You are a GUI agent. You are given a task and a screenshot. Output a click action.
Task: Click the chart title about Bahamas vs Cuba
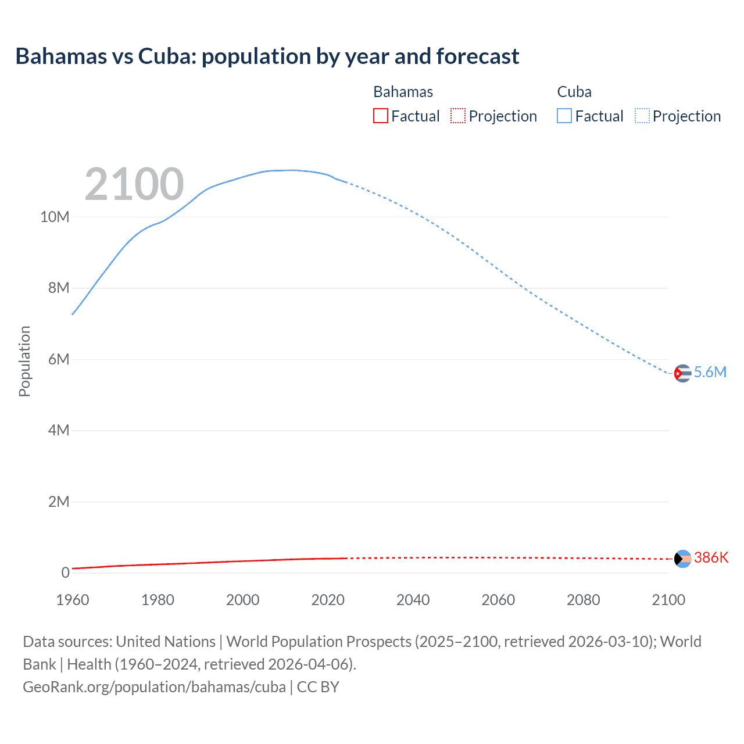267,56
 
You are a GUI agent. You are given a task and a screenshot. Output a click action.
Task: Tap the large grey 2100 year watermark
134,184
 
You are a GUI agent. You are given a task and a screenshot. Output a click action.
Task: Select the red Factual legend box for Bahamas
380,116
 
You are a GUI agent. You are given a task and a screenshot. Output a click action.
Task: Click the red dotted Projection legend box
458,116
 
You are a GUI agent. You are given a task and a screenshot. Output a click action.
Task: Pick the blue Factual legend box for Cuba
564,116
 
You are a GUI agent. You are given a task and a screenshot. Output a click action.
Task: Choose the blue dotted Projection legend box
642,116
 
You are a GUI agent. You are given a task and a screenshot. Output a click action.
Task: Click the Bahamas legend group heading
403,92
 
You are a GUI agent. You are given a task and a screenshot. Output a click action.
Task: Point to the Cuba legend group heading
574,92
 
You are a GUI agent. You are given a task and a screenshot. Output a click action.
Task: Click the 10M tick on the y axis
55,217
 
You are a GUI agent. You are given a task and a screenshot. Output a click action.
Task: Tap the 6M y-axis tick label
59,359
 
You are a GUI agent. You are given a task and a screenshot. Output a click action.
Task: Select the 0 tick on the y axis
65,573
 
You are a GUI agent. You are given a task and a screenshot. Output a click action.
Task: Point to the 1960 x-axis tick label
73,600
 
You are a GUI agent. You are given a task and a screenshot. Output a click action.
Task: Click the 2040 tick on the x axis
413,600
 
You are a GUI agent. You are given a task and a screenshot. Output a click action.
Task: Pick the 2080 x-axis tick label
583,600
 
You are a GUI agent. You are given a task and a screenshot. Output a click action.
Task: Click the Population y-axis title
24,361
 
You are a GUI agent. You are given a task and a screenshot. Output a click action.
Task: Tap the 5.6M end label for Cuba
710,373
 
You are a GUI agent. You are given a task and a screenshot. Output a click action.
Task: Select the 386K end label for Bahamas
711,558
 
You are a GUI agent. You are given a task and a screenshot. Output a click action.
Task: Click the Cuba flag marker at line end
682,373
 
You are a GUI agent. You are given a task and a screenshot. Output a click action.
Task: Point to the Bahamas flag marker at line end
682,559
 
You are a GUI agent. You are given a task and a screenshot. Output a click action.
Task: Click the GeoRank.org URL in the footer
154,687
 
